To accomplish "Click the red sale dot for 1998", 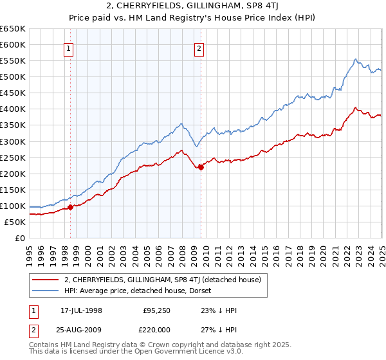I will pyautogui.click(x=71, y=207).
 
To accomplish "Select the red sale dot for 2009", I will pyautogui.click(x=201, y=167).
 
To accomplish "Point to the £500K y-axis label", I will pyautogui.click(x=14, y=77).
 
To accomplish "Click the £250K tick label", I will pyautogui.click(x=14, y=157).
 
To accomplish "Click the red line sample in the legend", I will pyautogui.click(x=46, y=280).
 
